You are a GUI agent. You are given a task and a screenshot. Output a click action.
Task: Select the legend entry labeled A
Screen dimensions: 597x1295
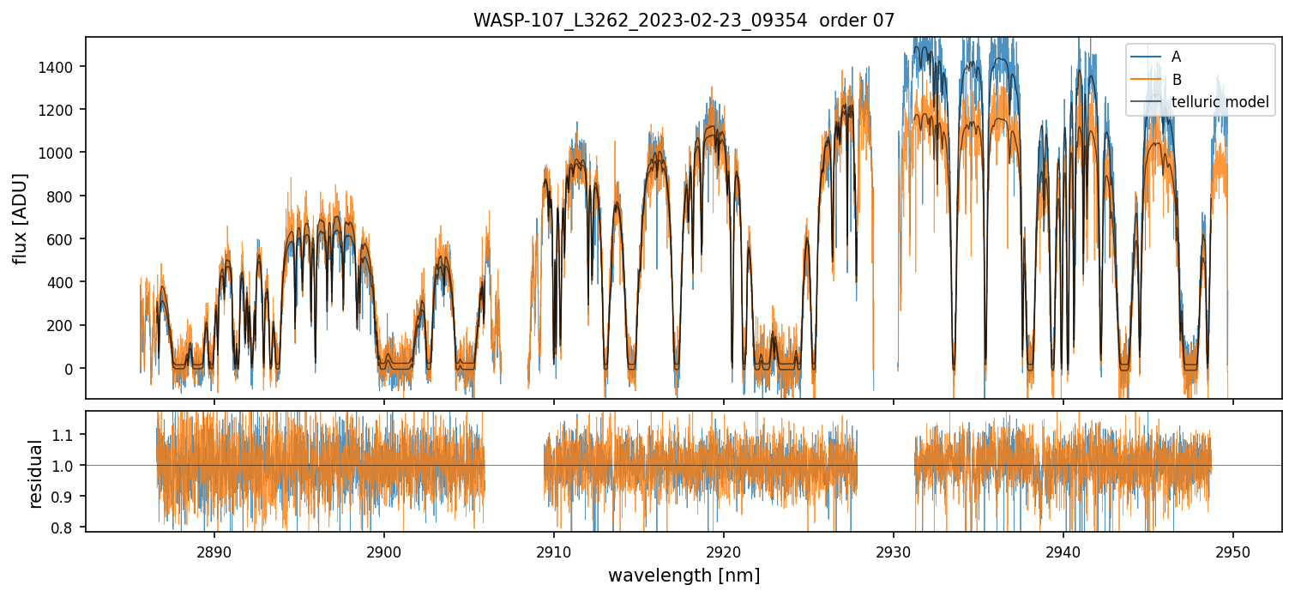pyautogui.click(x=1177, y=57)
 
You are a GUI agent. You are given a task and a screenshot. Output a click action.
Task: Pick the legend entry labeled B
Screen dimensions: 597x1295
pyautogui.click(x=1177, y=80)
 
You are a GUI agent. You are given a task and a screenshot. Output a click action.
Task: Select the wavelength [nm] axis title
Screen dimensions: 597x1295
pyautogui.click(x=684, y=576)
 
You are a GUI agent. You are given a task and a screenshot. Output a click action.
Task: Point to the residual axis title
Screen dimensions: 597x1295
pyautogui.click(x=36, y=473)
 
